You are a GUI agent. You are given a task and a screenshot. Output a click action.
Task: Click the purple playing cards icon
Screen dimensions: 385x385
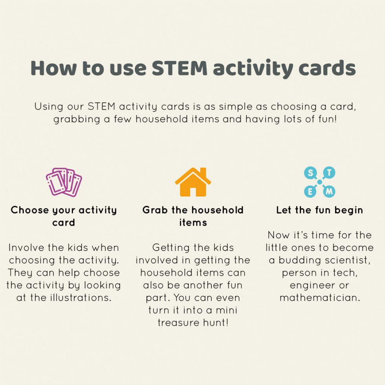64,182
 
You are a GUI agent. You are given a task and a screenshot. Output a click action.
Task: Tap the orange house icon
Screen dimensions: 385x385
192,183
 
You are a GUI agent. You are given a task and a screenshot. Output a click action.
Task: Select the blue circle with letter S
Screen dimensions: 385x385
310,172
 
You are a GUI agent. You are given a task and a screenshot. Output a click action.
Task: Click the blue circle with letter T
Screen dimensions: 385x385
330,172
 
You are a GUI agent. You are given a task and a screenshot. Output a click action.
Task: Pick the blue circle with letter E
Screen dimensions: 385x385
310,192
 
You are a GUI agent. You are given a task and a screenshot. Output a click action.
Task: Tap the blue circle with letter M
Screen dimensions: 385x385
330,192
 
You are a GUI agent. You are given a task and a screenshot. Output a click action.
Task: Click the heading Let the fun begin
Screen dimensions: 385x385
319,210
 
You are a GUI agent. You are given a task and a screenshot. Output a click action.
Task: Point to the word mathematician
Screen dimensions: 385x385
319,298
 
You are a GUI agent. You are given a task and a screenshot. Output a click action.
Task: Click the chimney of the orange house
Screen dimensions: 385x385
203,173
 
